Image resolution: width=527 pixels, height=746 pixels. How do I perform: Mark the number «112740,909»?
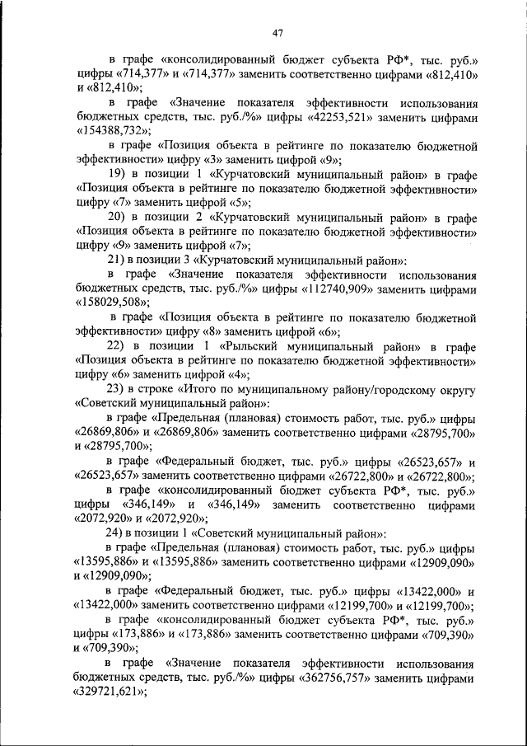coord(330,289)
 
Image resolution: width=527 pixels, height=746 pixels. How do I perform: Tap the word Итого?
coord(198,389)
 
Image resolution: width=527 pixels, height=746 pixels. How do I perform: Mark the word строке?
coord(158,389)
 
